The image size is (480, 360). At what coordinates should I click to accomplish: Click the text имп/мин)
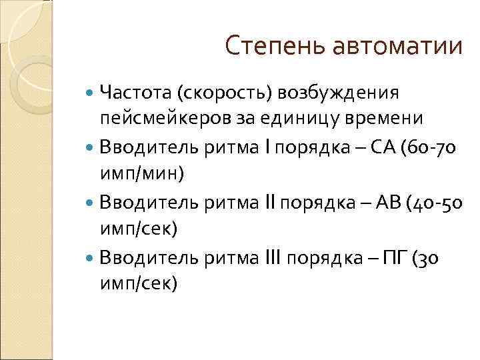[143, 173]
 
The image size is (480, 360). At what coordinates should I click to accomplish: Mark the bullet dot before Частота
[91, 93]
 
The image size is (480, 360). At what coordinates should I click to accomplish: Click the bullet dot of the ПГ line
[91, 257]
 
